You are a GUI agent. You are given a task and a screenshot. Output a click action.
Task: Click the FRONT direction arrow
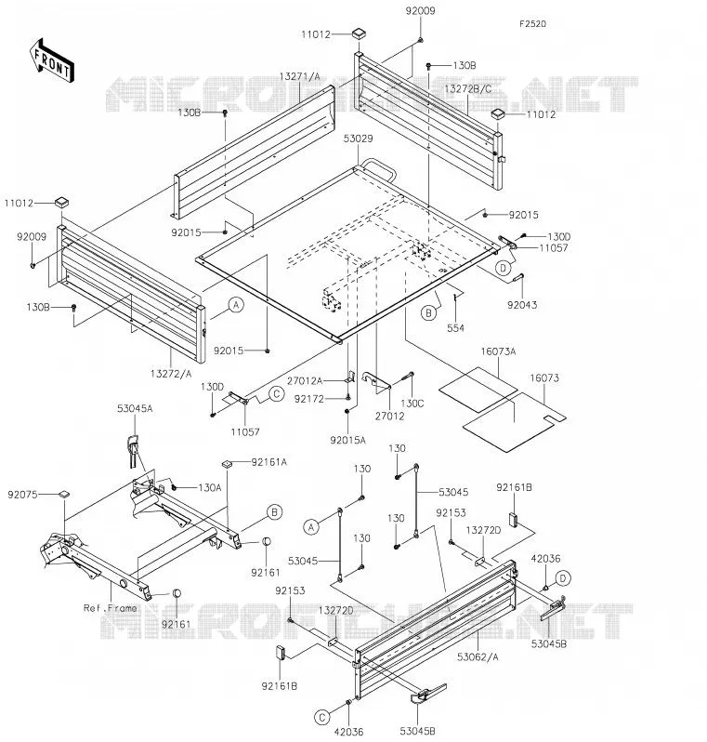coord(51,60)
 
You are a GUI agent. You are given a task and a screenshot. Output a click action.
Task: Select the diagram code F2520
coord(532,23)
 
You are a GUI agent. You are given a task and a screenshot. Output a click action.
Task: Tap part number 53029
coord(358,139)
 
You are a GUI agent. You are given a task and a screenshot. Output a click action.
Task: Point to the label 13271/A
coord(300,76)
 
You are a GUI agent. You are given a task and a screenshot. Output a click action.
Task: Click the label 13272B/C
coord(468,88)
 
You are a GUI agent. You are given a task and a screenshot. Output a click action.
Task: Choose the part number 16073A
coord(499,351)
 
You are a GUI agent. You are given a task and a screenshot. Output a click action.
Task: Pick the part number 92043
coord(522,305)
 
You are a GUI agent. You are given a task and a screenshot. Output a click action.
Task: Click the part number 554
coord(455,328)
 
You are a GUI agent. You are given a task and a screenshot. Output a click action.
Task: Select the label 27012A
coord(305,381)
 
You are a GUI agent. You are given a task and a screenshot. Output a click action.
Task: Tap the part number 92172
coord(309,399)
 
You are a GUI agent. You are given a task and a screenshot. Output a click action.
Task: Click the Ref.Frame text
coord(111,608)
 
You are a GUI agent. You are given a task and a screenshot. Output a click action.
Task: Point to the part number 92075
coord(22,495)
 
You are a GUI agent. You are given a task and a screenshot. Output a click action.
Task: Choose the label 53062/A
coord(478,656)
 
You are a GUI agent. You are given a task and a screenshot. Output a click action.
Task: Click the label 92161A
coord(269,462)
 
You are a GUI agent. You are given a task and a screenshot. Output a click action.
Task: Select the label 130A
coord(210,487)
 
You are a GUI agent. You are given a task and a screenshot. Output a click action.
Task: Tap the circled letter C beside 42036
coord(322,718)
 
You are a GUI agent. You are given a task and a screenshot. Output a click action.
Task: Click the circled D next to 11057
coord(504,268)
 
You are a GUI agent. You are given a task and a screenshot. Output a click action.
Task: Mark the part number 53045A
coord(135,408)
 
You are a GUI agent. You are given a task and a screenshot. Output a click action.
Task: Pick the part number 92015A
coord(348,440)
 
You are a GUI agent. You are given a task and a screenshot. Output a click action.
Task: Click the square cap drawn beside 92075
coord(63,495)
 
